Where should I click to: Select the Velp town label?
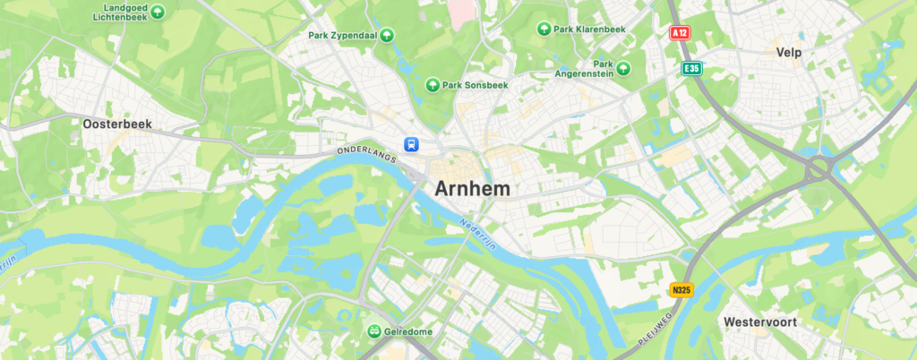[x=789, y=53]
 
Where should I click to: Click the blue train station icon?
[x=411, y=143]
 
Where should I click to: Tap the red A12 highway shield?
[x=682, y=32]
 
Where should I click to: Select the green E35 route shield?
[x=691, y=68]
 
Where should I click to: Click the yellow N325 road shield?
[x=682, y=290]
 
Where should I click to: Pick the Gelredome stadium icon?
[x=373, y=331]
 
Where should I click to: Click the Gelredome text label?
[x=408, y=331]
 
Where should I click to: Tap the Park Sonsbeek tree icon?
[x=433, y=85]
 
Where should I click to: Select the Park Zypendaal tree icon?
[x=387, y=36]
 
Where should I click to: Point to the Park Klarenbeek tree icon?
[x=543, y=30]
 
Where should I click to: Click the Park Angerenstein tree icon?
[x=623, y=68]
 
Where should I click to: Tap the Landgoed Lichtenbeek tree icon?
[x=158, y=12]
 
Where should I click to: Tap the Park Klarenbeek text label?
[x=589, y=30]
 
